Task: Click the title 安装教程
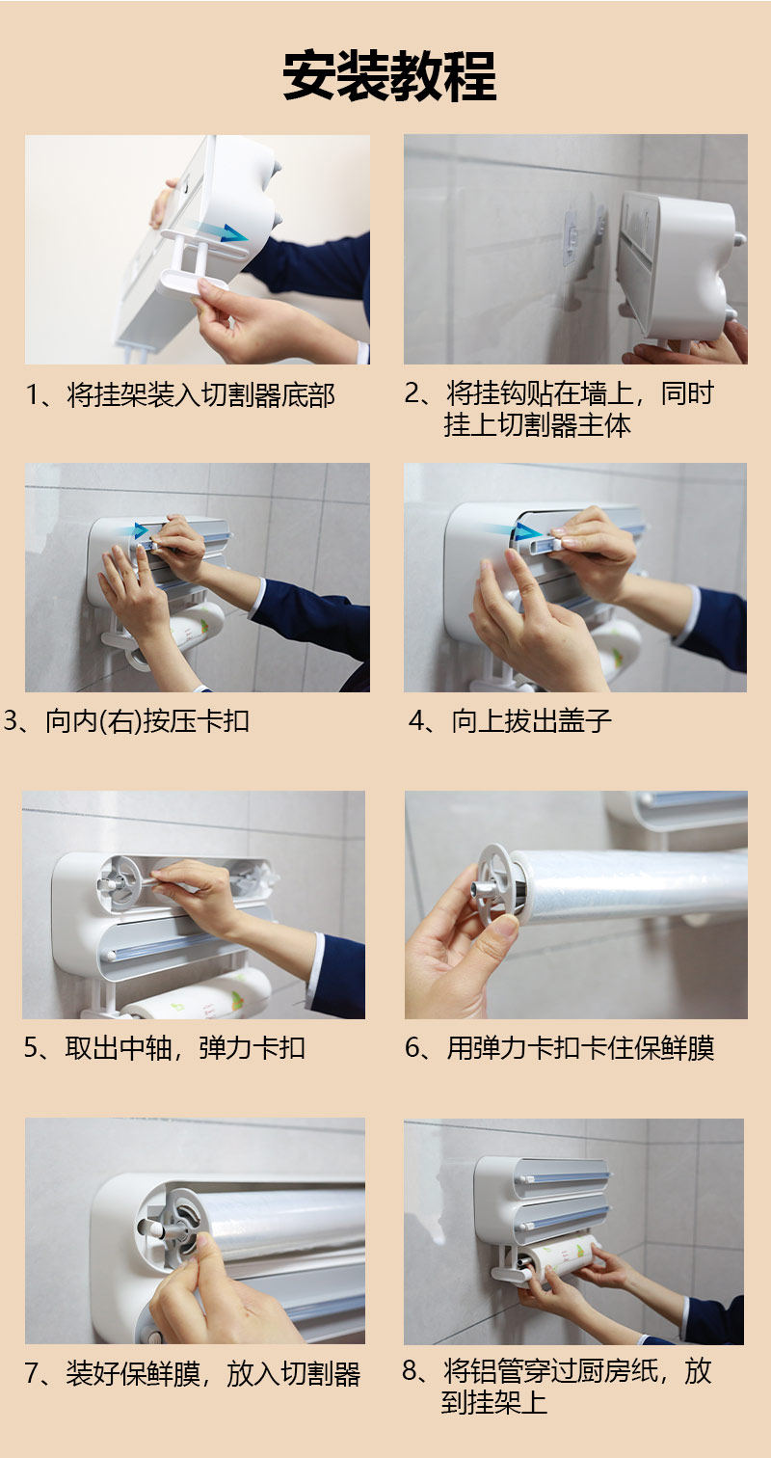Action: click(x=389, y=76)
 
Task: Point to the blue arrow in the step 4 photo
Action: click(x=518, y=531)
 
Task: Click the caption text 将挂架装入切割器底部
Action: click(x=201, y=395)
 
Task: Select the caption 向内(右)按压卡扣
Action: click(x=147, y=721)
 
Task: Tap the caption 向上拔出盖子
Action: click(x=532, y=721)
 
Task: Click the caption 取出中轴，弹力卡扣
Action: click(x=185, y=1048)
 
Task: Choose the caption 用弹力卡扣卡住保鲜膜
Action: click(x=580, y=1048)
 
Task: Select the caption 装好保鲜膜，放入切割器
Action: click(x=213, y=1374)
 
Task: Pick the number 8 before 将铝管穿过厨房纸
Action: click(x=410, y=1370)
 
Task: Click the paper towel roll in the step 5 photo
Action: click(x=201, y=996)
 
